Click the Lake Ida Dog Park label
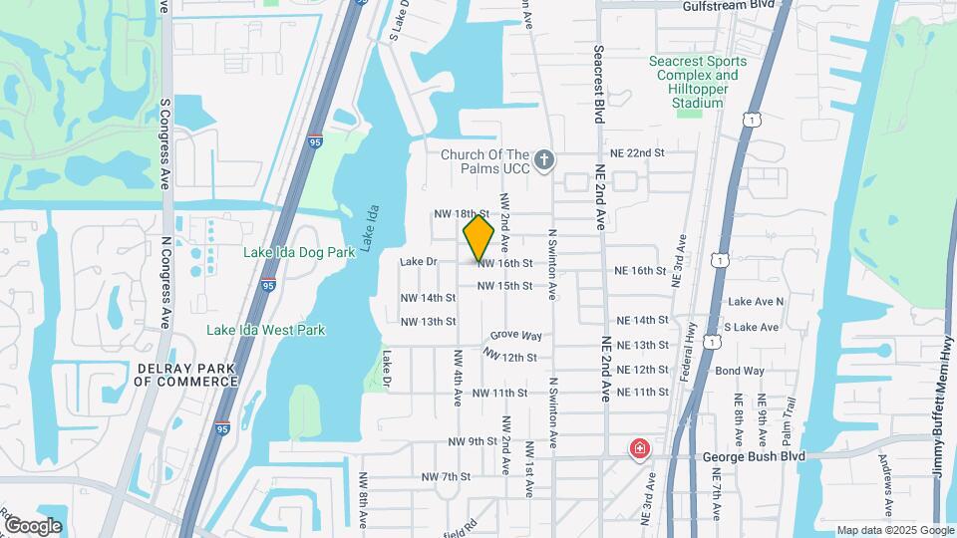tap(299, 252)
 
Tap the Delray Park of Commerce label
tap(185, 375)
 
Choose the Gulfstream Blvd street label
tap(728, 6)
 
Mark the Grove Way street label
tap(516, 337)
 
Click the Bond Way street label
tap(740, 371)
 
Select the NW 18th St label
tap(462, 213)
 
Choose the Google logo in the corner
tap(32, 525)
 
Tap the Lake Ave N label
tap(756, 301)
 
